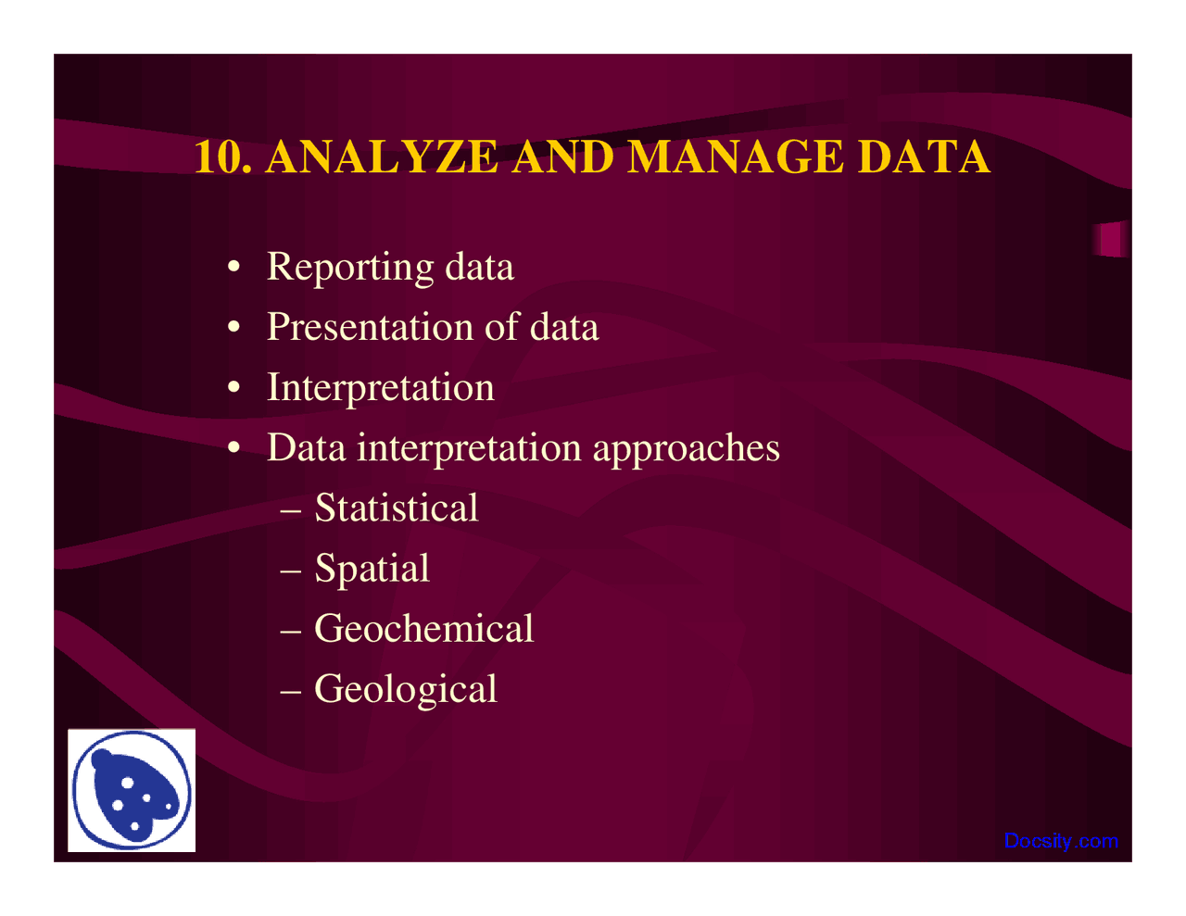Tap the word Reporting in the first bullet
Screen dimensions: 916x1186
coord(349,268)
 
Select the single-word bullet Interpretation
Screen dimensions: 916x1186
coord(380,388)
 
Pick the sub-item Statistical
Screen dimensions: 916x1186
coord(397,508)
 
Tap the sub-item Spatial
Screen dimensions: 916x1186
coord(372,569)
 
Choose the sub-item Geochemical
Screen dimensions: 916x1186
coord(423,629)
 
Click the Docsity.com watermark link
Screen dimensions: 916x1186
coord(1061,841)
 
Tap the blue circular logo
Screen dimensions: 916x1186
coord(132,790)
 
